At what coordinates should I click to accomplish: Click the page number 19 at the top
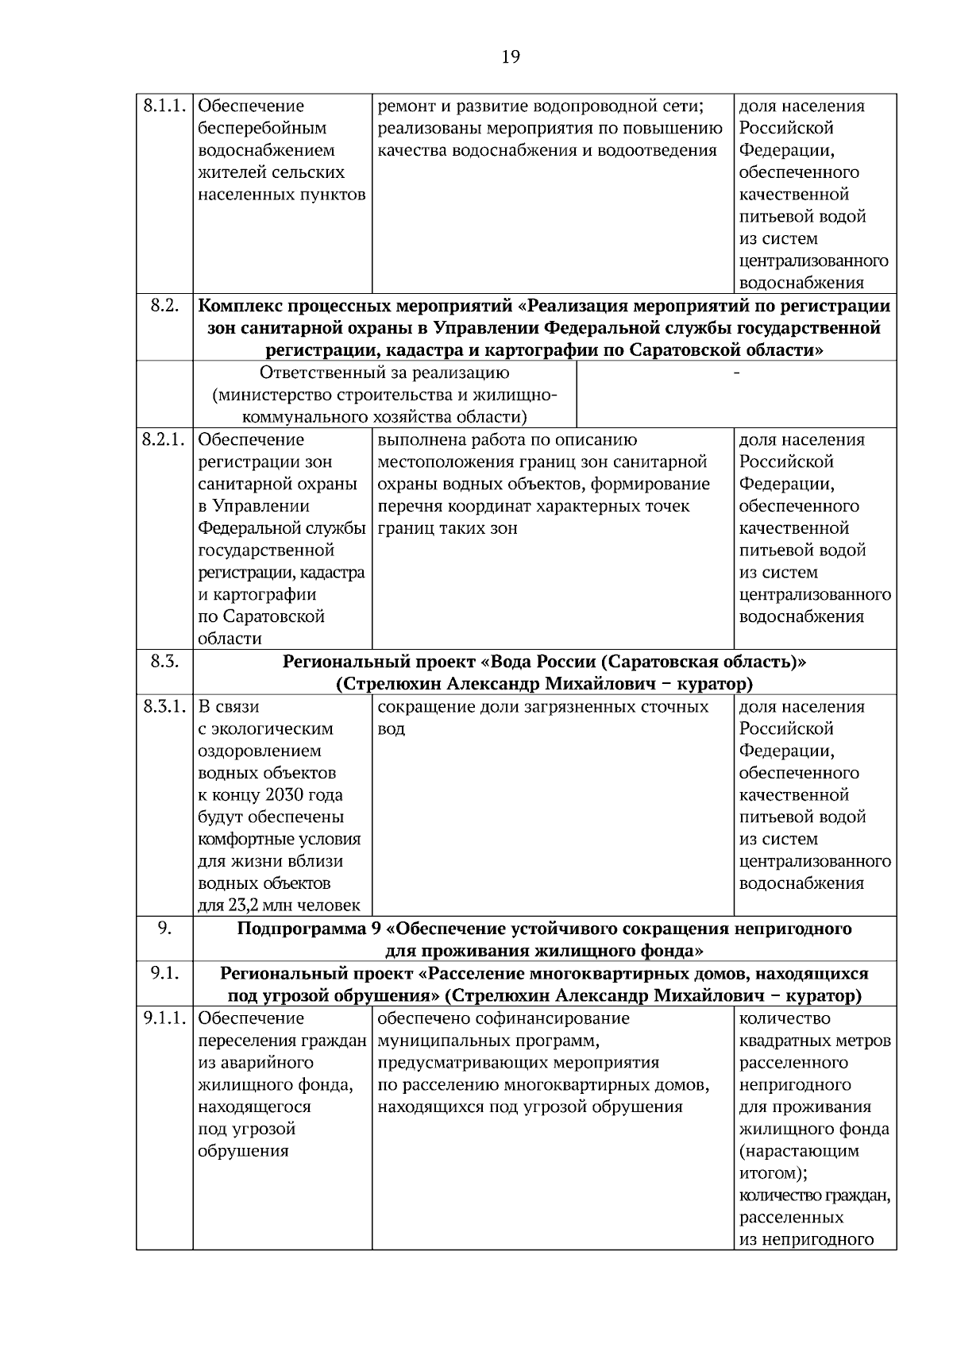click(511, 56)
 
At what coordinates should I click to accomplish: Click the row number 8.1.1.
click(164, 106)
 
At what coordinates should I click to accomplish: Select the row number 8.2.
click(164, 306)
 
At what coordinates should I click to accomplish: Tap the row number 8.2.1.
click(164, 439)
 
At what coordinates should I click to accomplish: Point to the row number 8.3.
click(164, 661)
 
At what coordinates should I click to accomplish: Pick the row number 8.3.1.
click(164, 706)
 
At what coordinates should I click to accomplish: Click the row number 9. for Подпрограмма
click(164, 928)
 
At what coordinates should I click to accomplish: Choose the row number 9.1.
click(164, 973)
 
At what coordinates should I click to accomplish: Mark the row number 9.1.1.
click(164, 1018)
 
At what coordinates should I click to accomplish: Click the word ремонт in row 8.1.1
click(402, 106)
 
